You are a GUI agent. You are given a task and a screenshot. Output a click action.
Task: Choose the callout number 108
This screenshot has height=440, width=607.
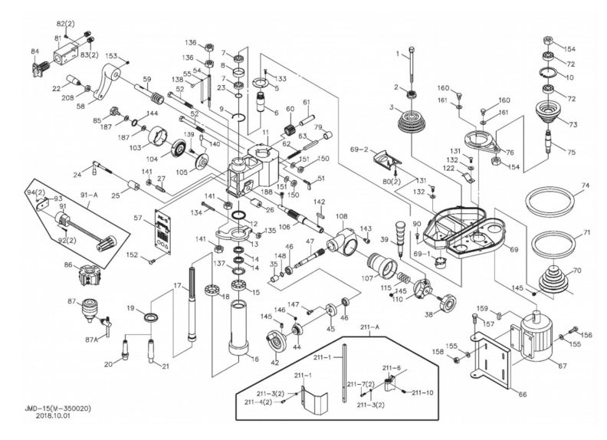(341, 217)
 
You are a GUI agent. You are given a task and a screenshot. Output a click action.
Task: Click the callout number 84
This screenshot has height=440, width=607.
(34, 51)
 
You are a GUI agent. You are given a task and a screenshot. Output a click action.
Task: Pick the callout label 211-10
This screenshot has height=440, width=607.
(422, 392)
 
